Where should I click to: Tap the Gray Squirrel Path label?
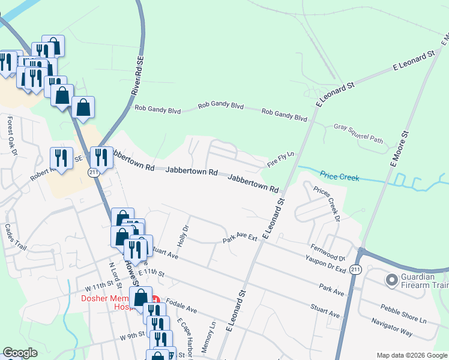[358, 134]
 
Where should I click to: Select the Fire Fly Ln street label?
[281, 159]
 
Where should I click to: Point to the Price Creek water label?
[339, 177]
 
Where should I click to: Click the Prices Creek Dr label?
[327, 204]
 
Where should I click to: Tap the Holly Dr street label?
[185, 232]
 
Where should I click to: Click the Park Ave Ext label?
[240, 239]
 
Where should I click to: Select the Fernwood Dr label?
[328, 252]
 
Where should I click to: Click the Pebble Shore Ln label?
[403, 314]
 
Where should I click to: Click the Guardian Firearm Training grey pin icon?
[392, 280]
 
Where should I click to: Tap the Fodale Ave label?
[182, 307]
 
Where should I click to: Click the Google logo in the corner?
[20, 353]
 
